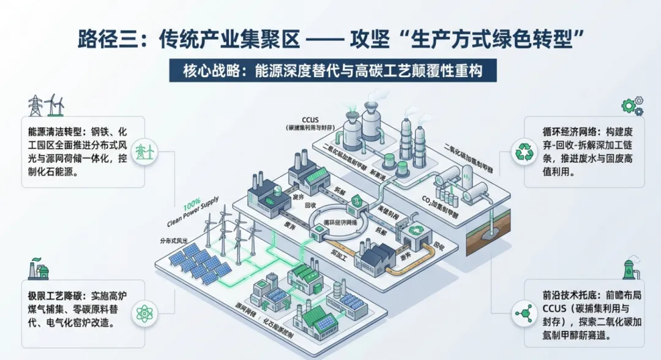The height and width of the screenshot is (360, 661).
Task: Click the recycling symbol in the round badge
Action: coord(525,152)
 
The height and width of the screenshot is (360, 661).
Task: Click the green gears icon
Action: coord(632,105)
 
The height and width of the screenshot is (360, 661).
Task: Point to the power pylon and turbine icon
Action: coord(46,104)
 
